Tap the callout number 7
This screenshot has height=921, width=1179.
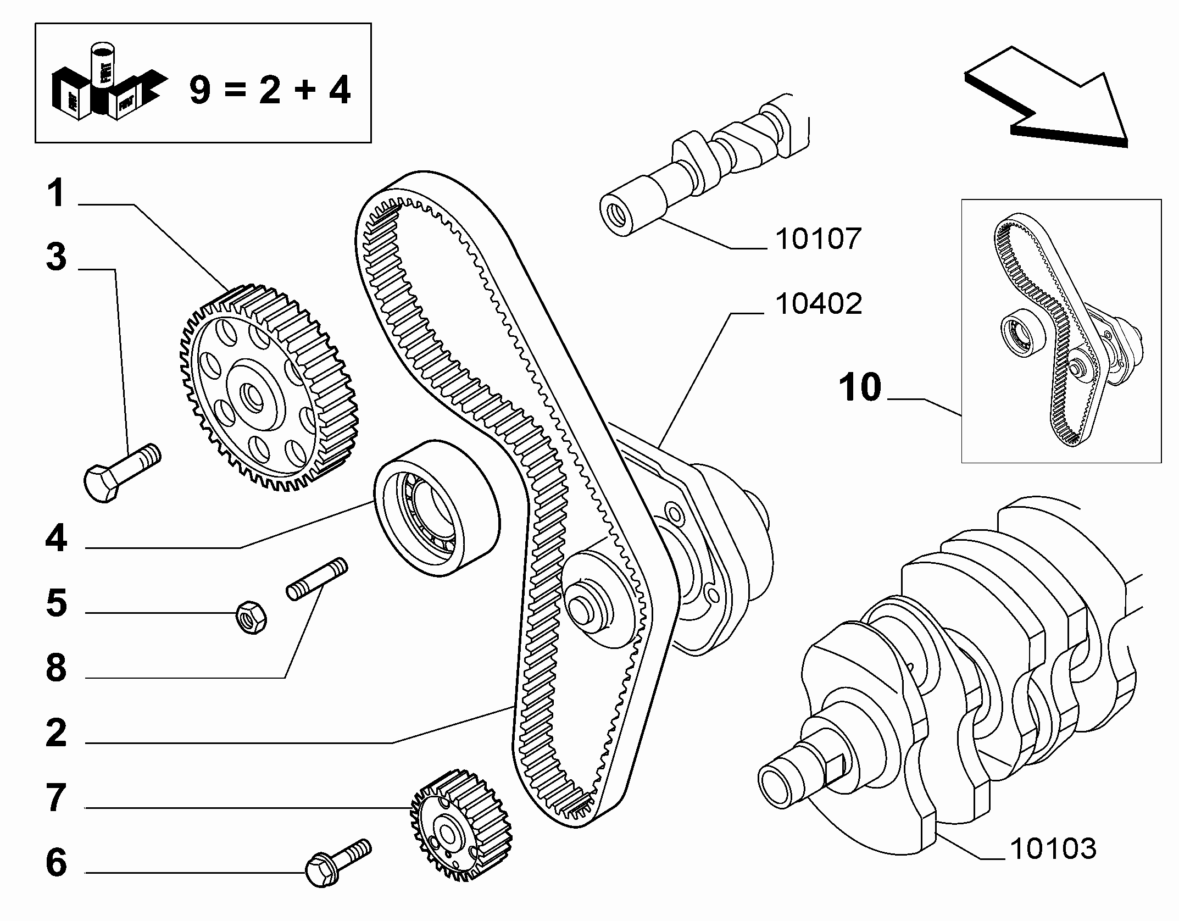(56, 797)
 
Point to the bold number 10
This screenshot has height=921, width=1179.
(860, 387)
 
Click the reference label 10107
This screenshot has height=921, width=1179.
(817, 239)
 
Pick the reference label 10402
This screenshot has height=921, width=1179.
(818, 304)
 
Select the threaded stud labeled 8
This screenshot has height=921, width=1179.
(317, 580)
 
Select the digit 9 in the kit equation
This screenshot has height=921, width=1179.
(200, 90)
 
